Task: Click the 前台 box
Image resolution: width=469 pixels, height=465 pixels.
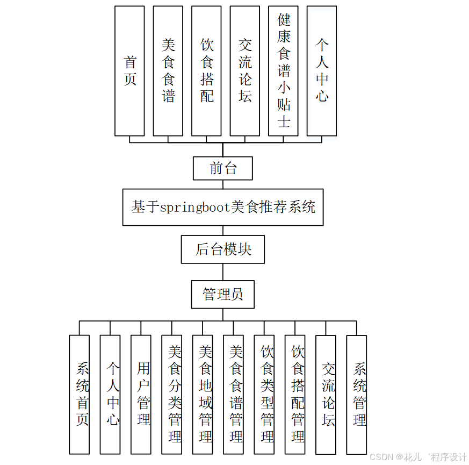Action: [222, 168]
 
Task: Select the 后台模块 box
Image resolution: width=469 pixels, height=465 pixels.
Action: [222, 249]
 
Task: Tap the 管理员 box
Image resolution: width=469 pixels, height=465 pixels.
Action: [222, 295]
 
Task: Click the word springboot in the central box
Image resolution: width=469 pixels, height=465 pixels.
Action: [196, 207]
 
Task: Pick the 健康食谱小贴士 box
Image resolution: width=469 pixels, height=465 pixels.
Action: [283, 71]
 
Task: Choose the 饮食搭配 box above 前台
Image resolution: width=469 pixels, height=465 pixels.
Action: [206, 71]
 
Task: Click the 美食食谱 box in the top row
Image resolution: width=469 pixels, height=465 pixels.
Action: [168, 71]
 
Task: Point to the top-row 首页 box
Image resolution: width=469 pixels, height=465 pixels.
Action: [129, 71]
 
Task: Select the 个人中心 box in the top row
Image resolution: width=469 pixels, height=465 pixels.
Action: [321, 71]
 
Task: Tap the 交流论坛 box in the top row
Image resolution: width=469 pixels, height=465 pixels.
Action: [245, 71]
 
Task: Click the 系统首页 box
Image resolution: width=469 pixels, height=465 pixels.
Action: [80, 394]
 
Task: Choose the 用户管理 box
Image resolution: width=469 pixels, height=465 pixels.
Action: [141, 394]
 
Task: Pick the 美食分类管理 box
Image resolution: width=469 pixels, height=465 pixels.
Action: [172, 394]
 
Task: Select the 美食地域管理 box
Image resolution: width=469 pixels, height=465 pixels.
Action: [203, 394]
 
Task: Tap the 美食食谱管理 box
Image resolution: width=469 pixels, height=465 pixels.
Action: [234, 394]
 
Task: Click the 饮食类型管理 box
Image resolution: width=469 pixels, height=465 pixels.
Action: [264, 394]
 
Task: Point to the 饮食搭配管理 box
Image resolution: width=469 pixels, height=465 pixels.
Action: [295, 394]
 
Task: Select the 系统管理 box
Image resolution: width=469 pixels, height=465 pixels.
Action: [357, 394]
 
